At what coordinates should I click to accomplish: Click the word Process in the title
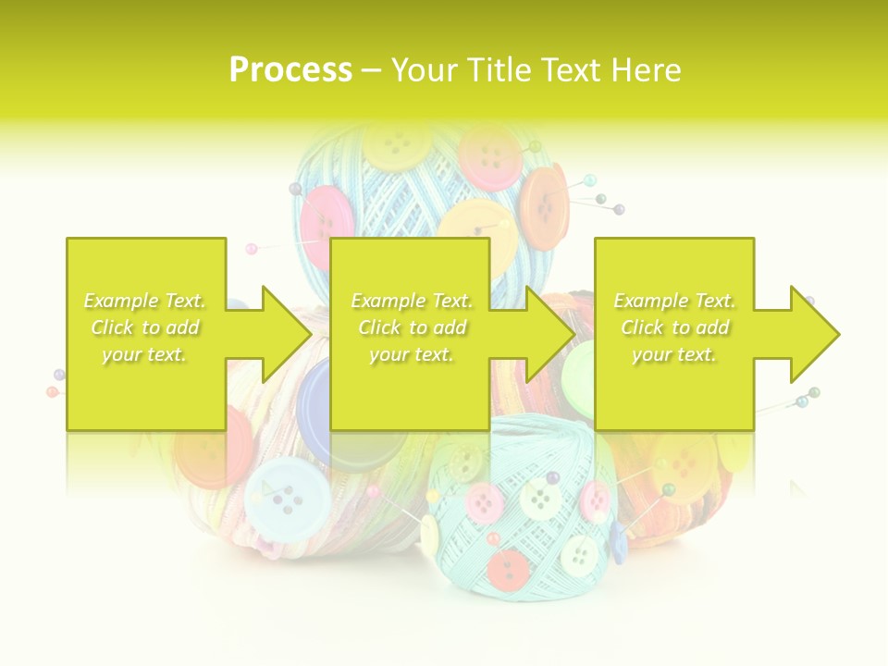290,70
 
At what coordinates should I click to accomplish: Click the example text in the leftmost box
145,327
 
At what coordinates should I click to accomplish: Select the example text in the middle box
412,327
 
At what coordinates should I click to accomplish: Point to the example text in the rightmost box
674,327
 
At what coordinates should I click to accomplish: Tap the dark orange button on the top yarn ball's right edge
544,205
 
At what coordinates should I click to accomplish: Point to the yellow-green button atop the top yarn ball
396,145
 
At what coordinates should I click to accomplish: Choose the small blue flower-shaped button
617,542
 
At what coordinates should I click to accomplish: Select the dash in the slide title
372,70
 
